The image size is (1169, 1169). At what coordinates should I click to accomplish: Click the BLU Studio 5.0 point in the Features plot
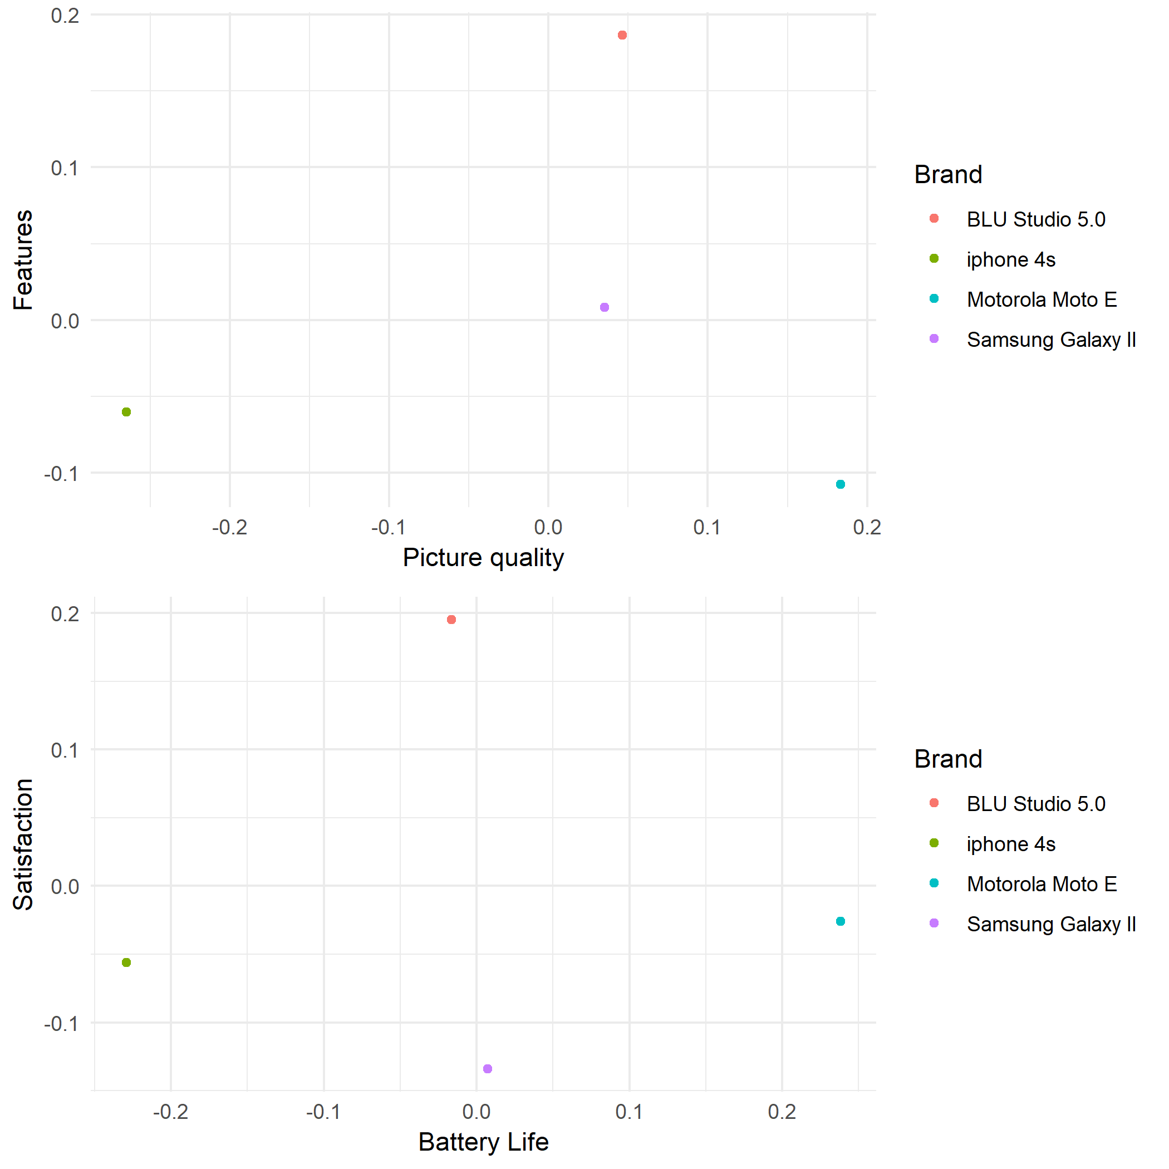click(x=622, y=35)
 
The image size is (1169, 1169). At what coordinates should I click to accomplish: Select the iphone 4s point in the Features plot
click(x=126, y=412)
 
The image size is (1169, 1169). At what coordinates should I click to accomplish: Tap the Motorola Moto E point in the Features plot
click(x=841, y=484)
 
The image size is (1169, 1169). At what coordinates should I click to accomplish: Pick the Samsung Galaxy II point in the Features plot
click(x=605, y=307)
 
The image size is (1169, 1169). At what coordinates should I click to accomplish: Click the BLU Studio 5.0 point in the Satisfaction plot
click(x=451, y=620)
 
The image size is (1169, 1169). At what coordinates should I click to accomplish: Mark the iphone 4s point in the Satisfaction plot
click(x=126, y=962)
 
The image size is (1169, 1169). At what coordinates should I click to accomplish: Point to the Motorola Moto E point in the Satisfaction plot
click(x=841, y=921)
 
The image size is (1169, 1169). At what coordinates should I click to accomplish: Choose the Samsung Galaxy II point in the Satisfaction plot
click(x=488, y=1069)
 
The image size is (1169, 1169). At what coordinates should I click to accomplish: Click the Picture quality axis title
click(x=483, y=557)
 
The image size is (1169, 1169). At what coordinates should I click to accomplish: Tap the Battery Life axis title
click(x=483, y=1142)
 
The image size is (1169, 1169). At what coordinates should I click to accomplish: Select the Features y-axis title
click(x=23, y=260)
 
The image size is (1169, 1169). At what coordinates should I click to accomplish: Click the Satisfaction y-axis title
click(x=23, y=844)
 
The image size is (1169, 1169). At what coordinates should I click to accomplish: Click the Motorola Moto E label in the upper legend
click(x=1042, y=299)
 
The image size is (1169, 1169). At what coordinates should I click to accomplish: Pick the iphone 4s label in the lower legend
click(x=1010, y=844)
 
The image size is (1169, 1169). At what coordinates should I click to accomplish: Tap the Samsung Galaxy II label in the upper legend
click(x=1051, y=340)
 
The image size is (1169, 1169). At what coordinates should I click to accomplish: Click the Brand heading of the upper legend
click(x=948, y=174)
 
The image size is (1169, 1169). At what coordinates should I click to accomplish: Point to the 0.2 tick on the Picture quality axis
click(x=867, y=528)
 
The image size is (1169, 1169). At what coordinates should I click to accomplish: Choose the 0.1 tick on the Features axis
click(x=65, y=168)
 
